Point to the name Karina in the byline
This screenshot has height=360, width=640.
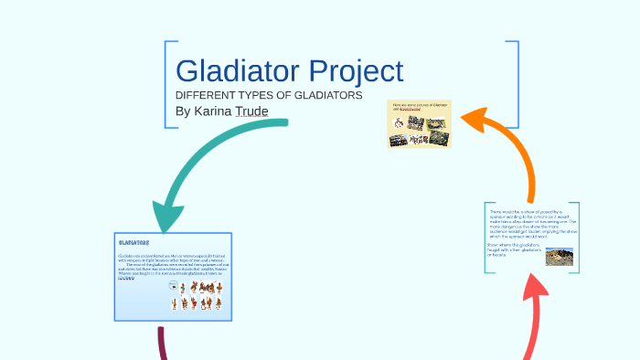pos(214,111)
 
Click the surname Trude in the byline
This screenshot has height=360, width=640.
pos(251,111)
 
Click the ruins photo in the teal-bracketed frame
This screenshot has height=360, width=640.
pos(559,256)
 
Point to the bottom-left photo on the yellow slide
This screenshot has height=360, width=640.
pos(399,140)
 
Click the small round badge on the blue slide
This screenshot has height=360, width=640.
pos(173,287)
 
